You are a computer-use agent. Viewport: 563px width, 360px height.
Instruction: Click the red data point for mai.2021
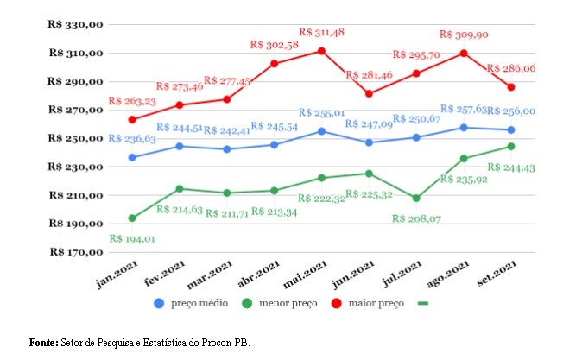click(321, 51)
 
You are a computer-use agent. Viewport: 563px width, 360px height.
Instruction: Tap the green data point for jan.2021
click(132, 218)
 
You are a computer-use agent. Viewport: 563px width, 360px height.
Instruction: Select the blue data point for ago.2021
click(464, 128)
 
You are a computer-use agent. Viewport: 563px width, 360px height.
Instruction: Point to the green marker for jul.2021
click(416, 198)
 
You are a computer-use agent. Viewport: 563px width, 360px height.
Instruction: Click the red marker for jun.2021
click(369, 93)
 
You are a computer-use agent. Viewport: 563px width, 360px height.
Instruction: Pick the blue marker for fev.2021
click(180, 146)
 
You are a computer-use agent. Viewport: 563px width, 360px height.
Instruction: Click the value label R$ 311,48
click(321, 32)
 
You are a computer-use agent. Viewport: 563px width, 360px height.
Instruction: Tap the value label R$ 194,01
click(132, 238)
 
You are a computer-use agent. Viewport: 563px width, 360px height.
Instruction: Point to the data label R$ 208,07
click(416, 218)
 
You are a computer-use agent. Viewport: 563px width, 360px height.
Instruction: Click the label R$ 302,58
click(274, 44)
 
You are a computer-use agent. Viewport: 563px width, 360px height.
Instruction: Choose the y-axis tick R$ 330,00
click(76, 25)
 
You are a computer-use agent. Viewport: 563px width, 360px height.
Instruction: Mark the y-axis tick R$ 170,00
click(76, 253)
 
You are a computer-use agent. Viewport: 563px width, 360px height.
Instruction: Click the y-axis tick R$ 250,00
click(76, 139)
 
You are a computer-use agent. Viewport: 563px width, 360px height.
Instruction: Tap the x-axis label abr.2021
click(259, 277)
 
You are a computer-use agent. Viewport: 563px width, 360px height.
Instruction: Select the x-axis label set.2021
click(496, 277)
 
